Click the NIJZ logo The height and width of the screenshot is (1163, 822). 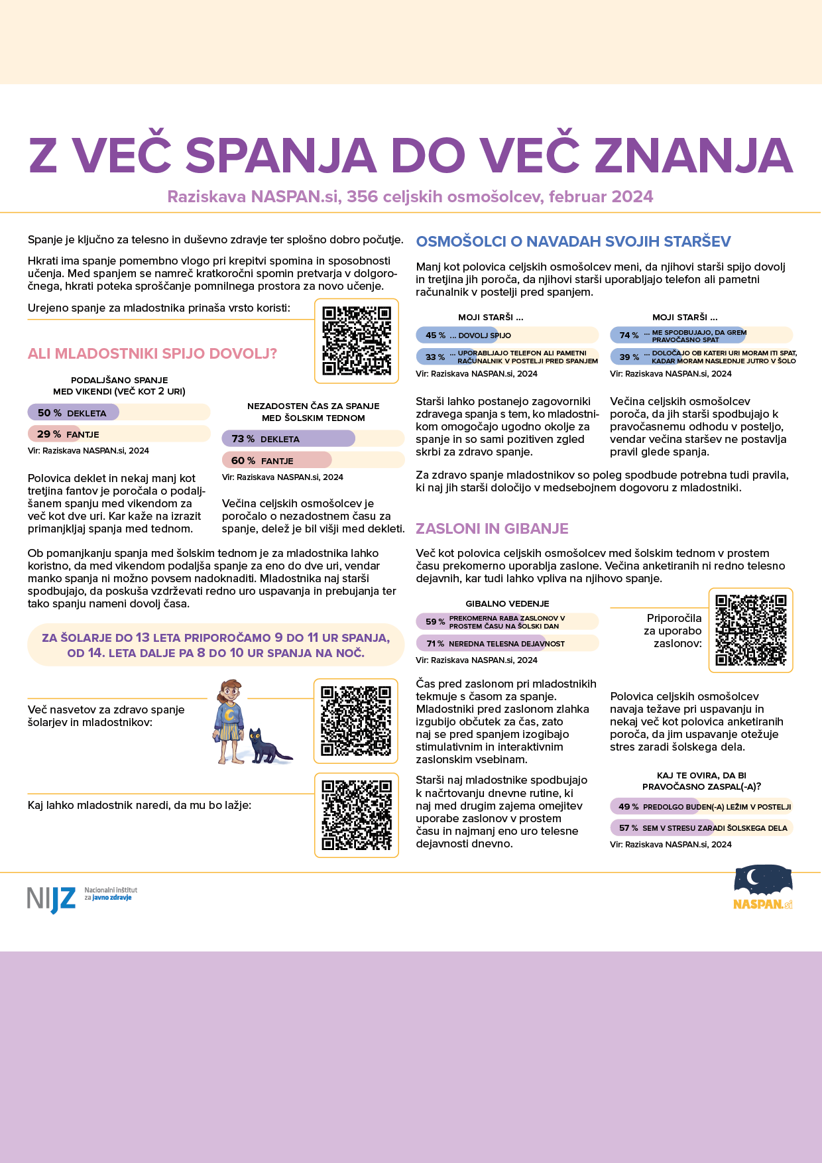tap(52, 898)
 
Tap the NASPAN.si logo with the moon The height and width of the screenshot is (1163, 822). tap(763, 887)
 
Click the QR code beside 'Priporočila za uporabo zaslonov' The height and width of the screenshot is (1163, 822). tap(750, 630)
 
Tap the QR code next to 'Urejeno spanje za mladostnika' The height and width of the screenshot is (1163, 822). tap(357, 341)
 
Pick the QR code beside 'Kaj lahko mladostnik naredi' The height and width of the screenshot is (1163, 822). tap(357, 815)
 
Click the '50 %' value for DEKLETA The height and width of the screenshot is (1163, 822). tap(50, 413)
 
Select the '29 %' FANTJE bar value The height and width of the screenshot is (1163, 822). tap(49, 434)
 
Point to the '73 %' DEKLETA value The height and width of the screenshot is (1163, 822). tap(243, 439)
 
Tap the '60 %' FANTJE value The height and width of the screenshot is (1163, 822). tap(243, 461)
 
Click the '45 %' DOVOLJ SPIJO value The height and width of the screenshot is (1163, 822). tap(436, 336)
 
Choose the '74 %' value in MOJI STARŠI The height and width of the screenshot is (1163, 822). tap(629, 336)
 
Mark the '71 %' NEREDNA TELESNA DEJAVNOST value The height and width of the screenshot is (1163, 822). tap(436, 644)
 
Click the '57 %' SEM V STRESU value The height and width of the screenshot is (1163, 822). tap(628, 828)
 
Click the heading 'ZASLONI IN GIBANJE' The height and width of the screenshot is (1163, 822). tap(492, 528)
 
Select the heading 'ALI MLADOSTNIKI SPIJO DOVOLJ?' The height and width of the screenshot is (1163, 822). tap(152, 353)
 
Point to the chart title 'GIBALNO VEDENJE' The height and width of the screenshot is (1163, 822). tap(507, 603)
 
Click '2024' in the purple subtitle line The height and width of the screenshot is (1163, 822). tap(632, 197)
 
